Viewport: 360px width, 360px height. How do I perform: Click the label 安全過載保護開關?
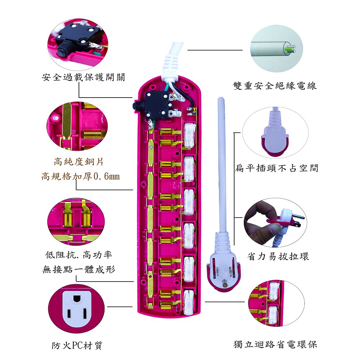83,77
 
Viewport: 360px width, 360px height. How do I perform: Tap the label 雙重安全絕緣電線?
275,86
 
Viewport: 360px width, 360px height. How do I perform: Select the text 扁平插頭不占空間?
276,168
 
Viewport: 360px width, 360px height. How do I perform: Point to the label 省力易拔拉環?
278,256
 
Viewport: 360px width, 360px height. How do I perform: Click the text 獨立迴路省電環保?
275,344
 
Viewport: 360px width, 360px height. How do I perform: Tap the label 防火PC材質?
77,346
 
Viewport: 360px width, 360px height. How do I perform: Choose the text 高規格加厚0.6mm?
80,177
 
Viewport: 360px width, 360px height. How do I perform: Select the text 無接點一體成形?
79,269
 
